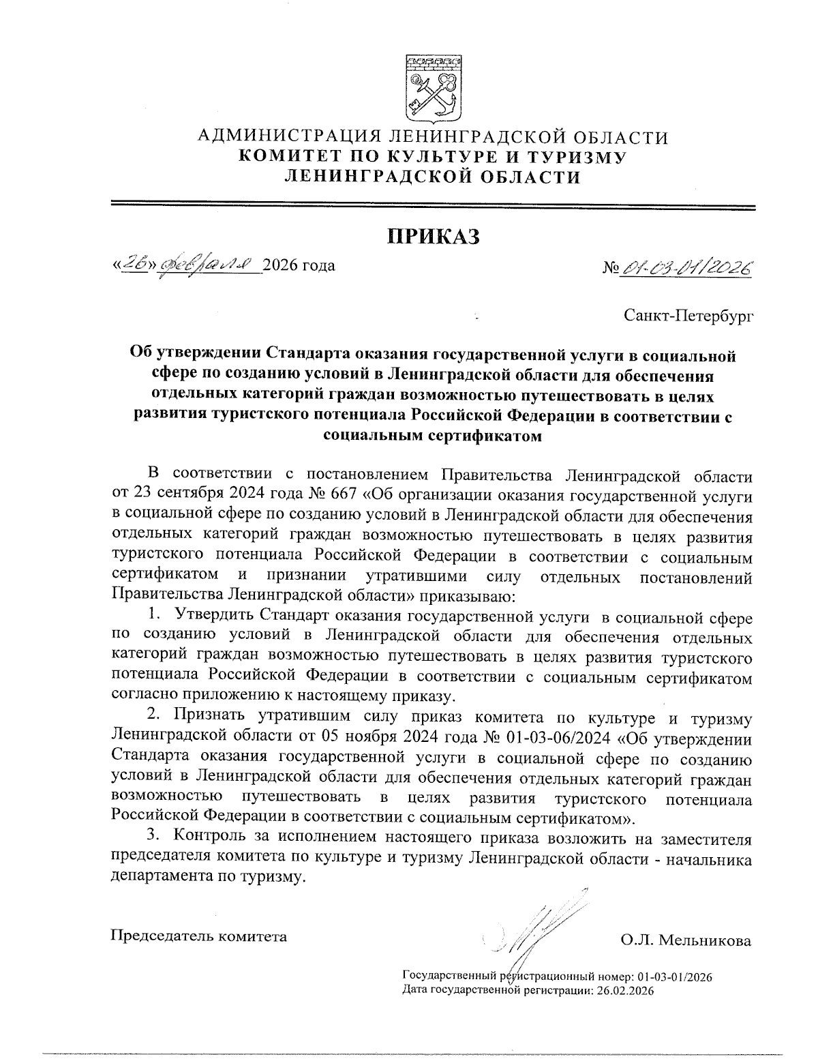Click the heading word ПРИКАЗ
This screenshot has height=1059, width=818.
[434, 237]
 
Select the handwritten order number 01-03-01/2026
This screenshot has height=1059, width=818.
[686, 266]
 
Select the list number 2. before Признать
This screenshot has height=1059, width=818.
[155, 717]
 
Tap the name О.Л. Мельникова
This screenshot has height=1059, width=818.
[685, 941]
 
